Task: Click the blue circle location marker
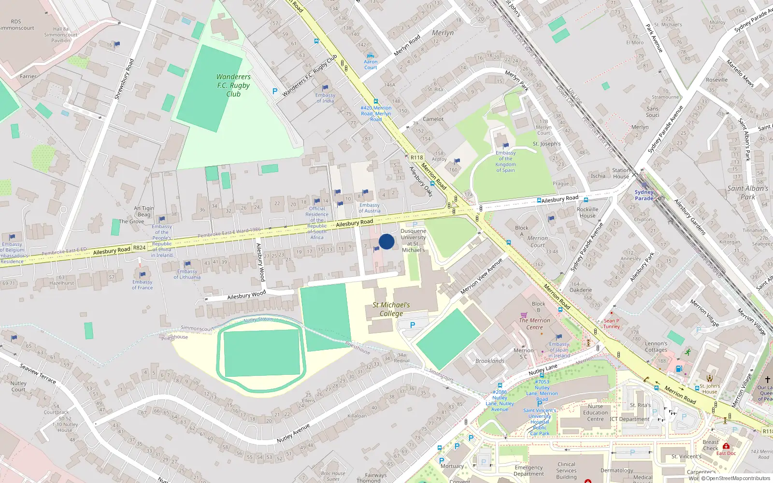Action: [386, 241]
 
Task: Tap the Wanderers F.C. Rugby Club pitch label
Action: [233, 85]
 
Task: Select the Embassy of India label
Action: [325, 98]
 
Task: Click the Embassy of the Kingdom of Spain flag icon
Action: [506, 145]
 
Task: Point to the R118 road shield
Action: [416, 157]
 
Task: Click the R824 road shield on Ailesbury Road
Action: [140, 248]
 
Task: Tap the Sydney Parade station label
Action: [644, 195]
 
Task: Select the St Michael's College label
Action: [391, 309]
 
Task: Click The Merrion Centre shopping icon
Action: [524, 314]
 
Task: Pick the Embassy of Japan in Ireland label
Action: [559, 350]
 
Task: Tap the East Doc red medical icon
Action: [726, 446]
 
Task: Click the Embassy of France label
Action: [143, 285]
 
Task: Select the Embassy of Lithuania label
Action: [187, 274]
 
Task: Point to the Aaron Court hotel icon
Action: [371, 56]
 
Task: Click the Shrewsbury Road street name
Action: [124, 79]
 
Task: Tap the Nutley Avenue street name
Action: [293, 433]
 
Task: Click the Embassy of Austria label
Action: [370, 208]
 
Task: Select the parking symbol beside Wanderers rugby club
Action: [275, 91]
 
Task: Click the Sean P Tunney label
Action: [611, 324]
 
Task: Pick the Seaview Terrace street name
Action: [38, 373]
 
